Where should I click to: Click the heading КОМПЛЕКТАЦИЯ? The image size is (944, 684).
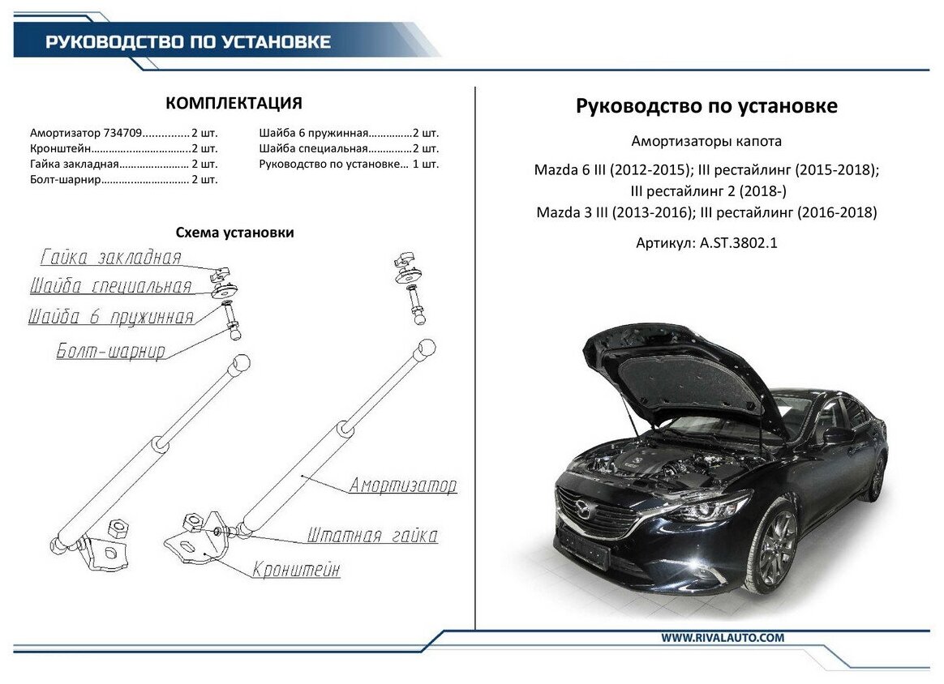coord(234,103)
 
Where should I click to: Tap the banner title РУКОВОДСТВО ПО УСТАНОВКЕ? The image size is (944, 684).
coord(188,42)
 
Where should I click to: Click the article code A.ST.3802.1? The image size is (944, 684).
coord(737,242)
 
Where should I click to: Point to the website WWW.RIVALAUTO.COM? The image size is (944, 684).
coord(723,638)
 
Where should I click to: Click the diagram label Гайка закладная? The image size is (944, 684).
coord(110,259)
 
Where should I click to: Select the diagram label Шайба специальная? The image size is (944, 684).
coord(110,286)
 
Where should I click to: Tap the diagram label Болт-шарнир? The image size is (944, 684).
coord(111,351)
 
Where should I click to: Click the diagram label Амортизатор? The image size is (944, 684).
coord(403,485)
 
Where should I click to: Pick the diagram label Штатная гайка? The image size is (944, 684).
coord(372,536)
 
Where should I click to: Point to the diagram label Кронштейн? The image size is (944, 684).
coord(296,570)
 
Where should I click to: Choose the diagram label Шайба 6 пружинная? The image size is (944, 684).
coord(111,317)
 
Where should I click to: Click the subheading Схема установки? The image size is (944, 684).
coord(234,233)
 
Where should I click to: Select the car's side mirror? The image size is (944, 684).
coord(836,434)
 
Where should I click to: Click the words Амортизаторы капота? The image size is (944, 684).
coord(706,141)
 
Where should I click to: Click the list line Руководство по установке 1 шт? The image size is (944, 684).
coord(349,164)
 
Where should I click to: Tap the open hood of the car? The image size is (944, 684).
coord(681,373)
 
